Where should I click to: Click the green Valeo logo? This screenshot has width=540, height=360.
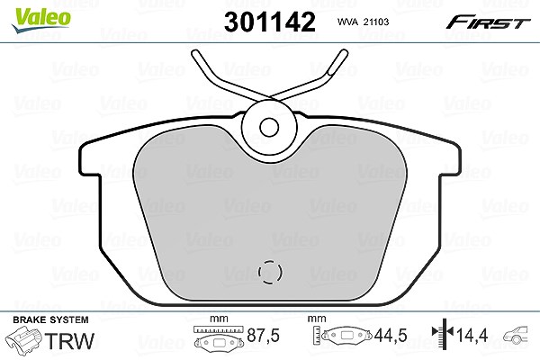click(x=41, y=20)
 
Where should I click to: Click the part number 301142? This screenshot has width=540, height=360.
click(x=270, y=22)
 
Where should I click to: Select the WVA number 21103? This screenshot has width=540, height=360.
click(x=377, y=22)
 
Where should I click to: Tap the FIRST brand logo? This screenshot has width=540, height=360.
click(x=488, y=22)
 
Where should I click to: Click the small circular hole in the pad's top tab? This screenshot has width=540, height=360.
click(x=269, y=128)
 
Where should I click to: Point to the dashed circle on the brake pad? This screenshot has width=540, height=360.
click(x=270, y=272)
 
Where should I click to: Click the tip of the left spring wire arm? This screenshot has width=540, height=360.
click(x=195, y=53)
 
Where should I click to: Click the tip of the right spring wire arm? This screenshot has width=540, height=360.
click(x=344, y=53)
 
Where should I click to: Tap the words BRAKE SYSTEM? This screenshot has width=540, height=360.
click(x=50, y=319)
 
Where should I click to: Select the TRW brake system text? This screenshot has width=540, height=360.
click(x=69, y=341)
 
